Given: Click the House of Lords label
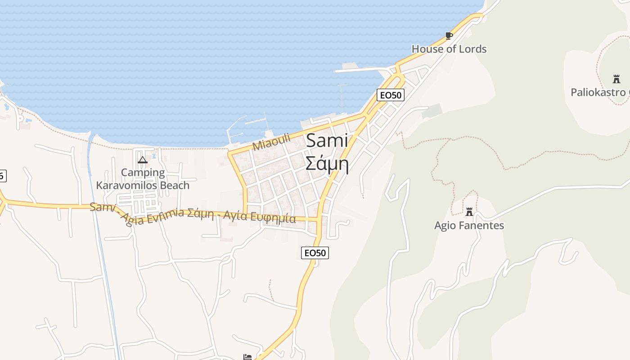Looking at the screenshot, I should [449, 49].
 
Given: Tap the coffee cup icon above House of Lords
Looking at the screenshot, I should [449, 36].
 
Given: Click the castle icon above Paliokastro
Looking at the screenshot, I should [616, 80].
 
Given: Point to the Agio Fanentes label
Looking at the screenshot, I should [469, 225].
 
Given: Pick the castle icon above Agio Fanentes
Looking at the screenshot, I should [469, 211].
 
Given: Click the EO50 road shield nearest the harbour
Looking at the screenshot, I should [390, 95].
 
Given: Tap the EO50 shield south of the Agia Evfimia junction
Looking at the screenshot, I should [315, 253].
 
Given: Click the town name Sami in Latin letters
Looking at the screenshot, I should [327, 141].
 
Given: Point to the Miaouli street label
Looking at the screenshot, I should [271, 143].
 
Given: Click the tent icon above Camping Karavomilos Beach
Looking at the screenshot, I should [143, 160].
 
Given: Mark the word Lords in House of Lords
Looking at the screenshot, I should [474, 49].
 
